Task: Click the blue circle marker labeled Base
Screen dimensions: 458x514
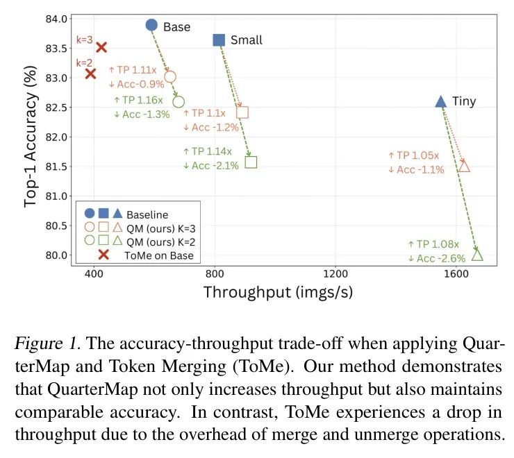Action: point(152,25)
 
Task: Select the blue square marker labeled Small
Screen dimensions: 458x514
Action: point(218,40)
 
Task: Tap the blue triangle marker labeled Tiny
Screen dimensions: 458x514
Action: point(440,101)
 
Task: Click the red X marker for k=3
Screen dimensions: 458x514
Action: point(101,47)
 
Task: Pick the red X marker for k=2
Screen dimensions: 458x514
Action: point(90,74)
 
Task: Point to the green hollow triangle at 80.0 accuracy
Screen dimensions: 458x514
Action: point(477,255)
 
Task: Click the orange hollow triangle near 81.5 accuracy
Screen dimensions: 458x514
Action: point(464,166)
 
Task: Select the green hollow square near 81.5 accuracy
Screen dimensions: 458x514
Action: point(251,162)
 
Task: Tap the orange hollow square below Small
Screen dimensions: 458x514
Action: point(242,112)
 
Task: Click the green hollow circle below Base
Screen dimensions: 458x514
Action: point(179,102)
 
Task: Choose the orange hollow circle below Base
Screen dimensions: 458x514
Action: point(170,76)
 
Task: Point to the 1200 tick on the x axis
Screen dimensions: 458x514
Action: point(335,273)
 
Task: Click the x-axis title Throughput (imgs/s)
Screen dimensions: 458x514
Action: point(277,292)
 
